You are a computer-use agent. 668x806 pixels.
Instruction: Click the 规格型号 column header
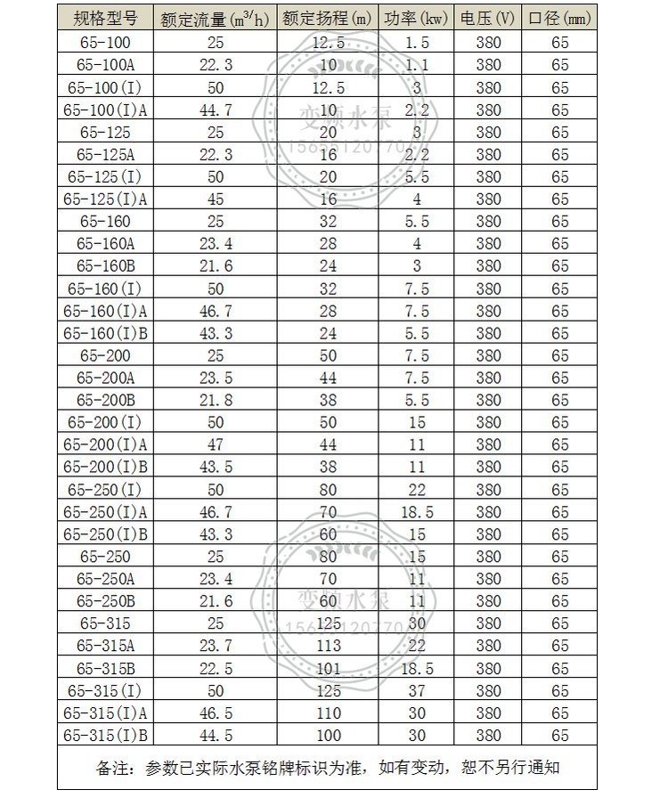(x=106, y=18)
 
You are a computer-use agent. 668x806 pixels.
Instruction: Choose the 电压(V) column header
(x=488, y=19)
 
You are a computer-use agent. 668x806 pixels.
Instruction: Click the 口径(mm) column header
(x=559, y=19)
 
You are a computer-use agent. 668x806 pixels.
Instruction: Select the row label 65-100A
(x=106, y=65)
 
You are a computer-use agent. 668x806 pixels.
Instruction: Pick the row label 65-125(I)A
(x=106, y=199)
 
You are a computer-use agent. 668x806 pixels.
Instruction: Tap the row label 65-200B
(x=106, y=400)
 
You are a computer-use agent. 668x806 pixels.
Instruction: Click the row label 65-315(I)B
(x=106, y=735)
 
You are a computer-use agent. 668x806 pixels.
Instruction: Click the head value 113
(x=328, y=646)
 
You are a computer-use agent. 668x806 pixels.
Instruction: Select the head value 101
(x=328, y=668)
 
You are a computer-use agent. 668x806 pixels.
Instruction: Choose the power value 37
(x=417, y=690)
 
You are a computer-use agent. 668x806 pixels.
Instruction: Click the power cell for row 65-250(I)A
(x=417, y=512)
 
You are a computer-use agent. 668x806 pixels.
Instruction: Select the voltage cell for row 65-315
(x=488, y=623)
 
